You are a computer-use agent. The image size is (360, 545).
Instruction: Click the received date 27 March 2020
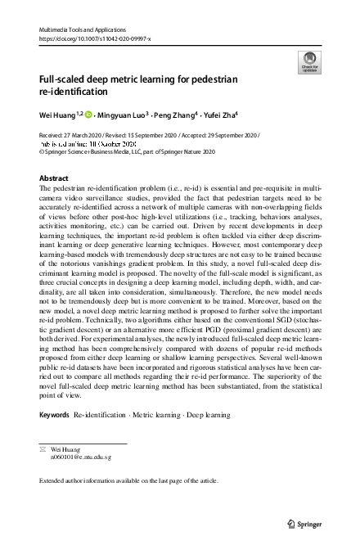pos(83,133)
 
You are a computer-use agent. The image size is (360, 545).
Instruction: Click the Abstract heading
pos(54,178)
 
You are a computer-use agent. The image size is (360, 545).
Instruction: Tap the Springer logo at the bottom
pos(310,522)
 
